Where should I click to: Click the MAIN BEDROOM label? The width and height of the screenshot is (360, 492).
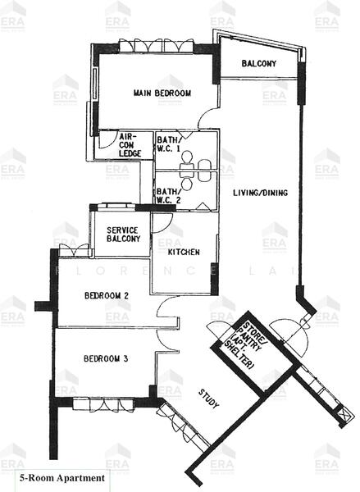coord(162,93)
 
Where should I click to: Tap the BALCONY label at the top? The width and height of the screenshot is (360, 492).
coord(258,64)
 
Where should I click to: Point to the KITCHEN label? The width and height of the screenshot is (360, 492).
coord(184,252)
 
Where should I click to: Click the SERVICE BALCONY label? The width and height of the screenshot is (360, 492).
coord(122,234)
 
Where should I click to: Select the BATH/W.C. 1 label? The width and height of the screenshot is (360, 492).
coord(169,145)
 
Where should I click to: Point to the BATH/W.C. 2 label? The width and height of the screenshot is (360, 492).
coord(169,196)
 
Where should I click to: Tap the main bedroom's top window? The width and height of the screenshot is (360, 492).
coord(154,43)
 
